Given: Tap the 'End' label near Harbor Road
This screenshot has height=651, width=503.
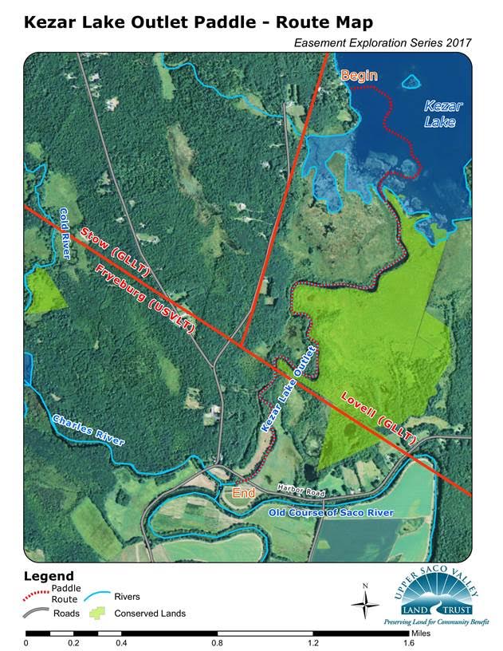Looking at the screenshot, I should (244, 493).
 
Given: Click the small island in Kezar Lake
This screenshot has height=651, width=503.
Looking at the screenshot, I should (411, 81).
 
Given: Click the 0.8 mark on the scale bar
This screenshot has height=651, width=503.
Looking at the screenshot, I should (217, 641).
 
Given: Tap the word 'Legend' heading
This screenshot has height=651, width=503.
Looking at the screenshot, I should (49, 576).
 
